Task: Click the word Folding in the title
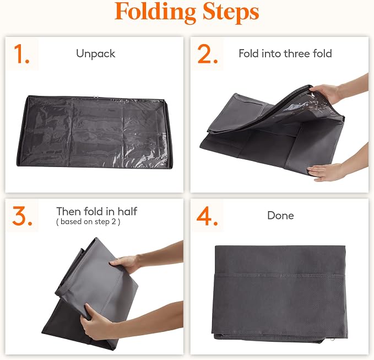pyautogui.click(x=155, y=13)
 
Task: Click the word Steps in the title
pyautogui.click(x=231, y=13)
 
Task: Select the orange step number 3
pyautogui.click(x=22, y=216)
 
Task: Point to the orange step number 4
pyautogui.click(x=207, y=216)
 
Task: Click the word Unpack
pyautogui.click(x=96, y=53)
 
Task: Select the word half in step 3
pyautogui.click(x=127, y=211)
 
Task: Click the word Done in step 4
pyautogui.click(x=280, y=216)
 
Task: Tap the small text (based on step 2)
pyautogui.click(x=88, y=222)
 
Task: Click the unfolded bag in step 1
pyautogui.click(x=94, y=132)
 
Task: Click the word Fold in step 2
pyautogui.click(x=249, y=53)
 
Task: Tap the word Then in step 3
pyautogui.click(x=69, y=211)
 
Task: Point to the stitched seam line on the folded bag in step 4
pyautogui.click(x=280, y=275)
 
